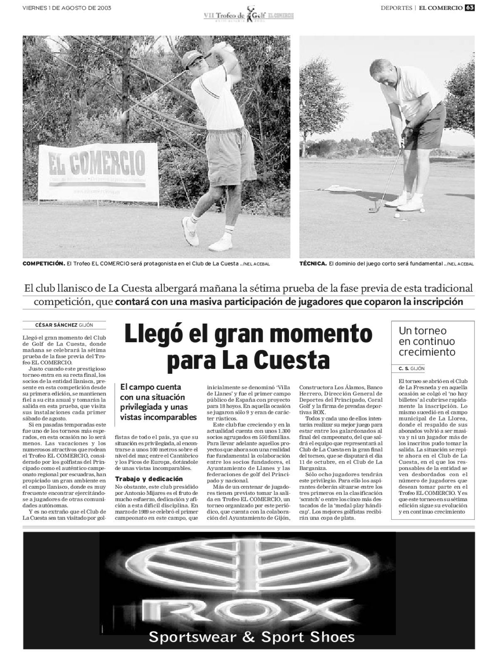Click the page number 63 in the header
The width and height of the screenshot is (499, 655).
click(x=469, y=8)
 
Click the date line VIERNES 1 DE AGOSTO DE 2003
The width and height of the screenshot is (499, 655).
click(x=67, y=8)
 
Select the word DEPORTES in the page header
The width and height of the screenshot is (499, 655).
click(x=396, y=8)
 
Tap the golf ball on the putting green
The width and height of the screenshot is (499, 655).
click(x=396, y=216)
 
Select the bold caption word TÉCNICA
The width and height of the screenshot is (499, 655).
click(x=313, y=264)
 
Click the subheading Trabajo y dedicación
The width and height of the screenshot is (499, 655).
click(x=149, y=479)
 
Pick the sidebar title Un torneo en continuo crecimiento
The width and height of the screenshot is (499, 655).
click(x=427, y=341)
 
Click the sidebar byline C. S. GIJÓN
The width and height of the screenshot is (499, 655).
click(x=411, y=368)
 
